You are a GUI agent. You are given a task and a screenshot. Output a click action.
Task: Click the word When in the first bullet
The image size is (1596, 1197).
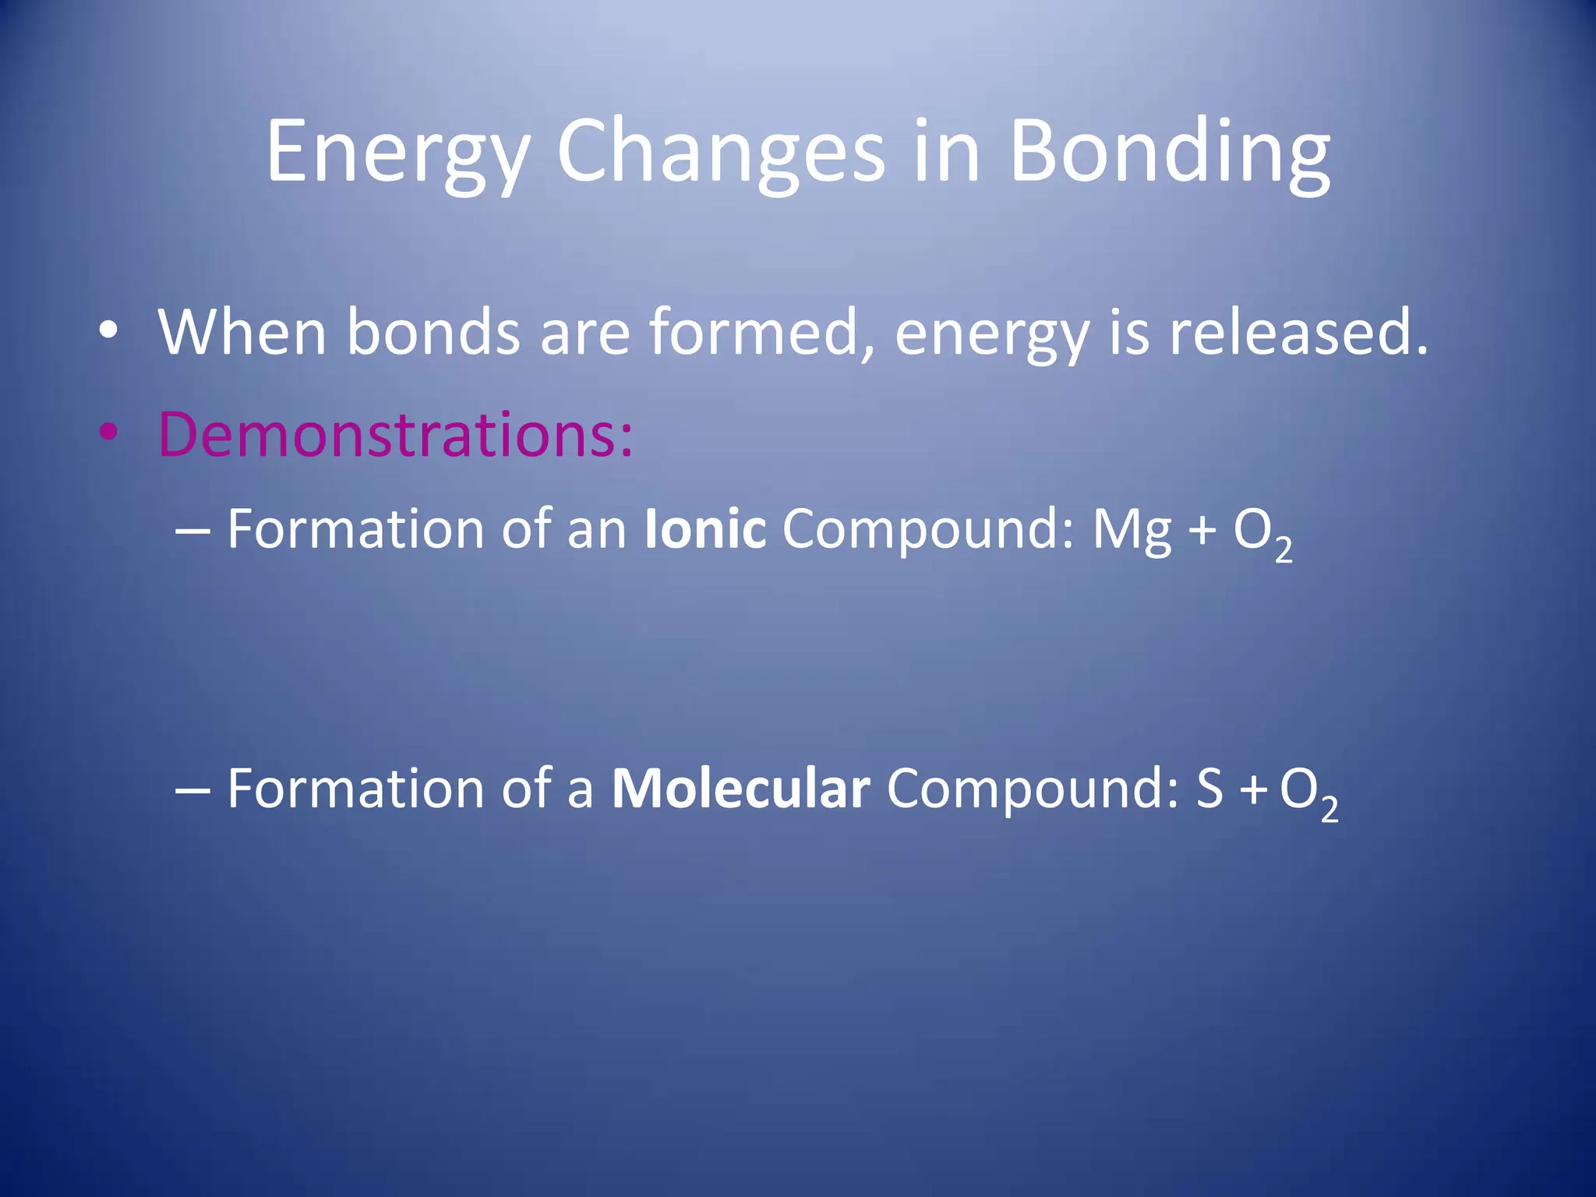point(242,333)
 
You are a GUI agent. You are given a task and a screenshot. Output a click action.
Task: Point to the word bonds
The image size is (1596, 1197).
point(433,333)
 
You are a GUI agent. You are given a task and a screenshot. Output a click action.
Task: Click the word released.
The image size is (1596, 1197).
point(1297,333)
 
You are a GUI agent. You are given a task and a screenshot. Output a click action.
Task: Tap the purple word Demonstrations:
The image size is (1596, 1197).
point(396,434)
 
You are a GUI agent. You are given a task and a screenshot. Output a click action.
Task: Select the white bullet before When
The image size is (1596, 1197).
point(108,331)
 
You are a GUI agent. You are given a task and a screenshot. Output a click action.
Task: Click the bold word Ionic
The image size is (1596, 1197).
point(705,530)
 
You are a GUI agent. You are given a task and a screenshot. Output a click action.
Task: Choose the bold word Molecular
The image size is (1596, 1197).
point(740,789)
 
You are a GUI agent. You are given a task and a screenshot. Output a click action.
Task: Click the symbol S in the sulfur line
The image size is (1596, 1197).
point(1209,789)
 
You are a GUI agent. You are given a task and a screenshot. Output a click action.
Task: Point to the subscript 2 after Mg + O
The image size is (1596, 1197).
point(1284,550)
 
